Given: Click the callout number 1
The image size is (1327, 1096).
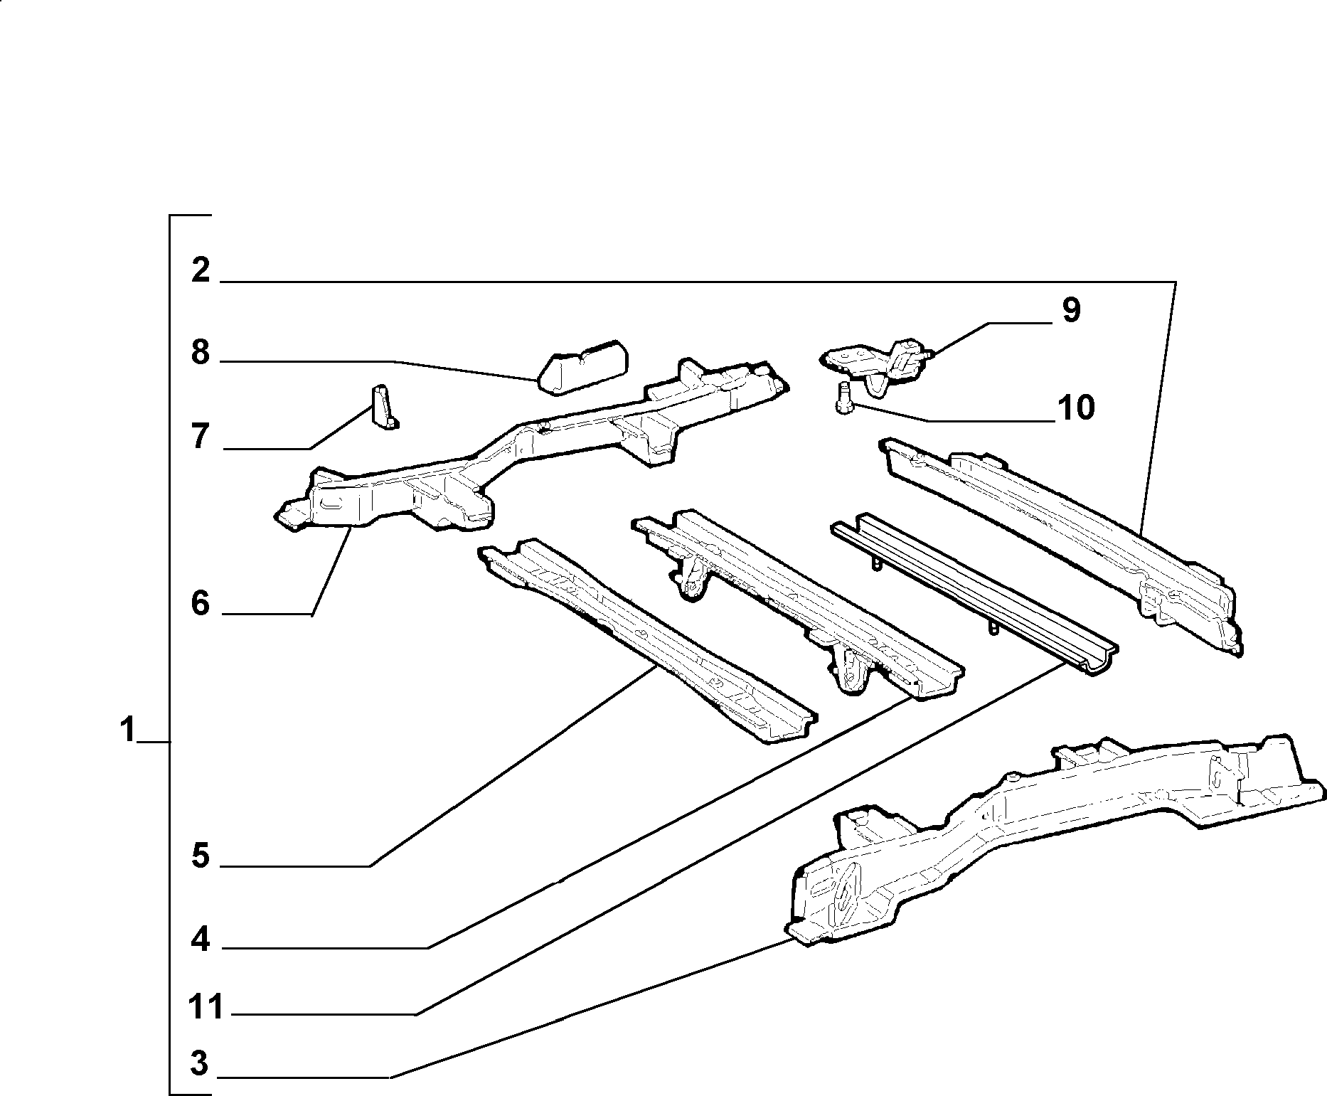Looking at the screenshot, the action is coord(127,730).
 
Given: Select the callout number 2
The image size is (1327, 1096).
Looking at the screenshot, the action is coord(201,270).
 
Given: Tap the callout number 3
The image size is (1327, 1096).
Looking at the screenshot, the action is coord(200,1064).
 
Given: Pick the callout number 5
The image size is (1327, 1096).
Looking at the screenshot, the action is coord(201,856).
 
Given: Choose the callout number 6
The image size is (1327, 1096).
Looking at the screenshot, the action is coord(201,604).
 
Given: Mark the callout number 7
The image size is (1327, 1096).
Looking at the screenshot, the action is coord(201,437).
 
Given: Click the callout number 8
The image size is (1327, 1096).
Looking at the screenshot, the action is coord(201,352).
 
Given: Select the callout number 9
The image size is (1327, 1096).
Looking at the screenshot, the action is coord(1071,311).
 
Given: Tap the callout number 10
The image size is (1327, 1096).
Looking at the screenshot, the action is coord(1076,408).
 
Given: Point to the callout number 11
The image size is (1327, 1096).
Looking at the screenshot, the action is coord(206,1007).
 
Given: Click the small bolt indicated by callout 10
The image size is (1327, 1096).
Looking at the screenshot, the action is coord(844,398).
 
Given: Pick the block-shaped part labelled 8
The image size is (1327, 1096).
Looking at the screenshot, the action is coord(582,366).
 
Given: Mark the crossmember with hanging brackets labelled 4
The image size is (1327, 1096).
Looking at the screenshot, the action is coord(796,602).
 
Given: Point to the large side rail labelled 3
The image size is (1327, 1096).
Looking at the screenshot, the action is coord(1052,839).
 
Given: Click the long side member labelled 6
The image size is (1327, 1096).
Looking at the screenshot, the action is coord(530,445).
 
